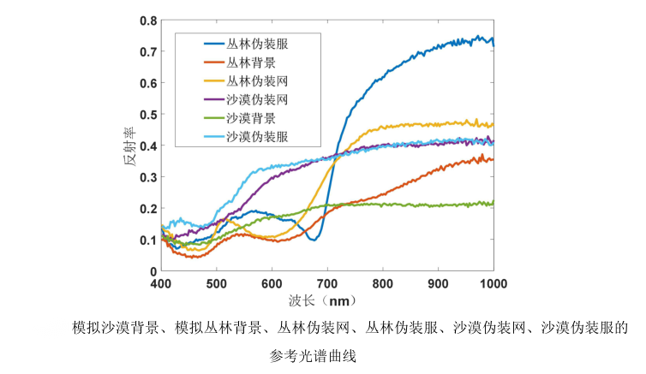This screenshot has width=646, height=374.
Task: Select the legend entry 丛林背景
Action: coord(250,62)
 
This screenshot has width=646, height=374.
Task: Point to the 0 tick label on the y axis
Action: coord(153,271)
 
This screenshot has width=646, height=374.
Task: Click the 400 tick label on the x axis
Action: coord(162,283)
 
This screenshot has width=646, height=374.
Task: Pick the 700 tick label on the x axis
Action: coord(327,283)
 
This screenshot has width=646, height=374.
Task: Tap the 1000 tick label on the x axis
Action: coord(493,283)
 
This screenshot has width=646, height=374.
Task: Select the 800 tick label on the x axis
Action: coord(383,283)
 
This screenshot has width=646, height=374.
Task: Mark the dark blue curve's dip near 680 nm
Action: coord(314,240)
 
